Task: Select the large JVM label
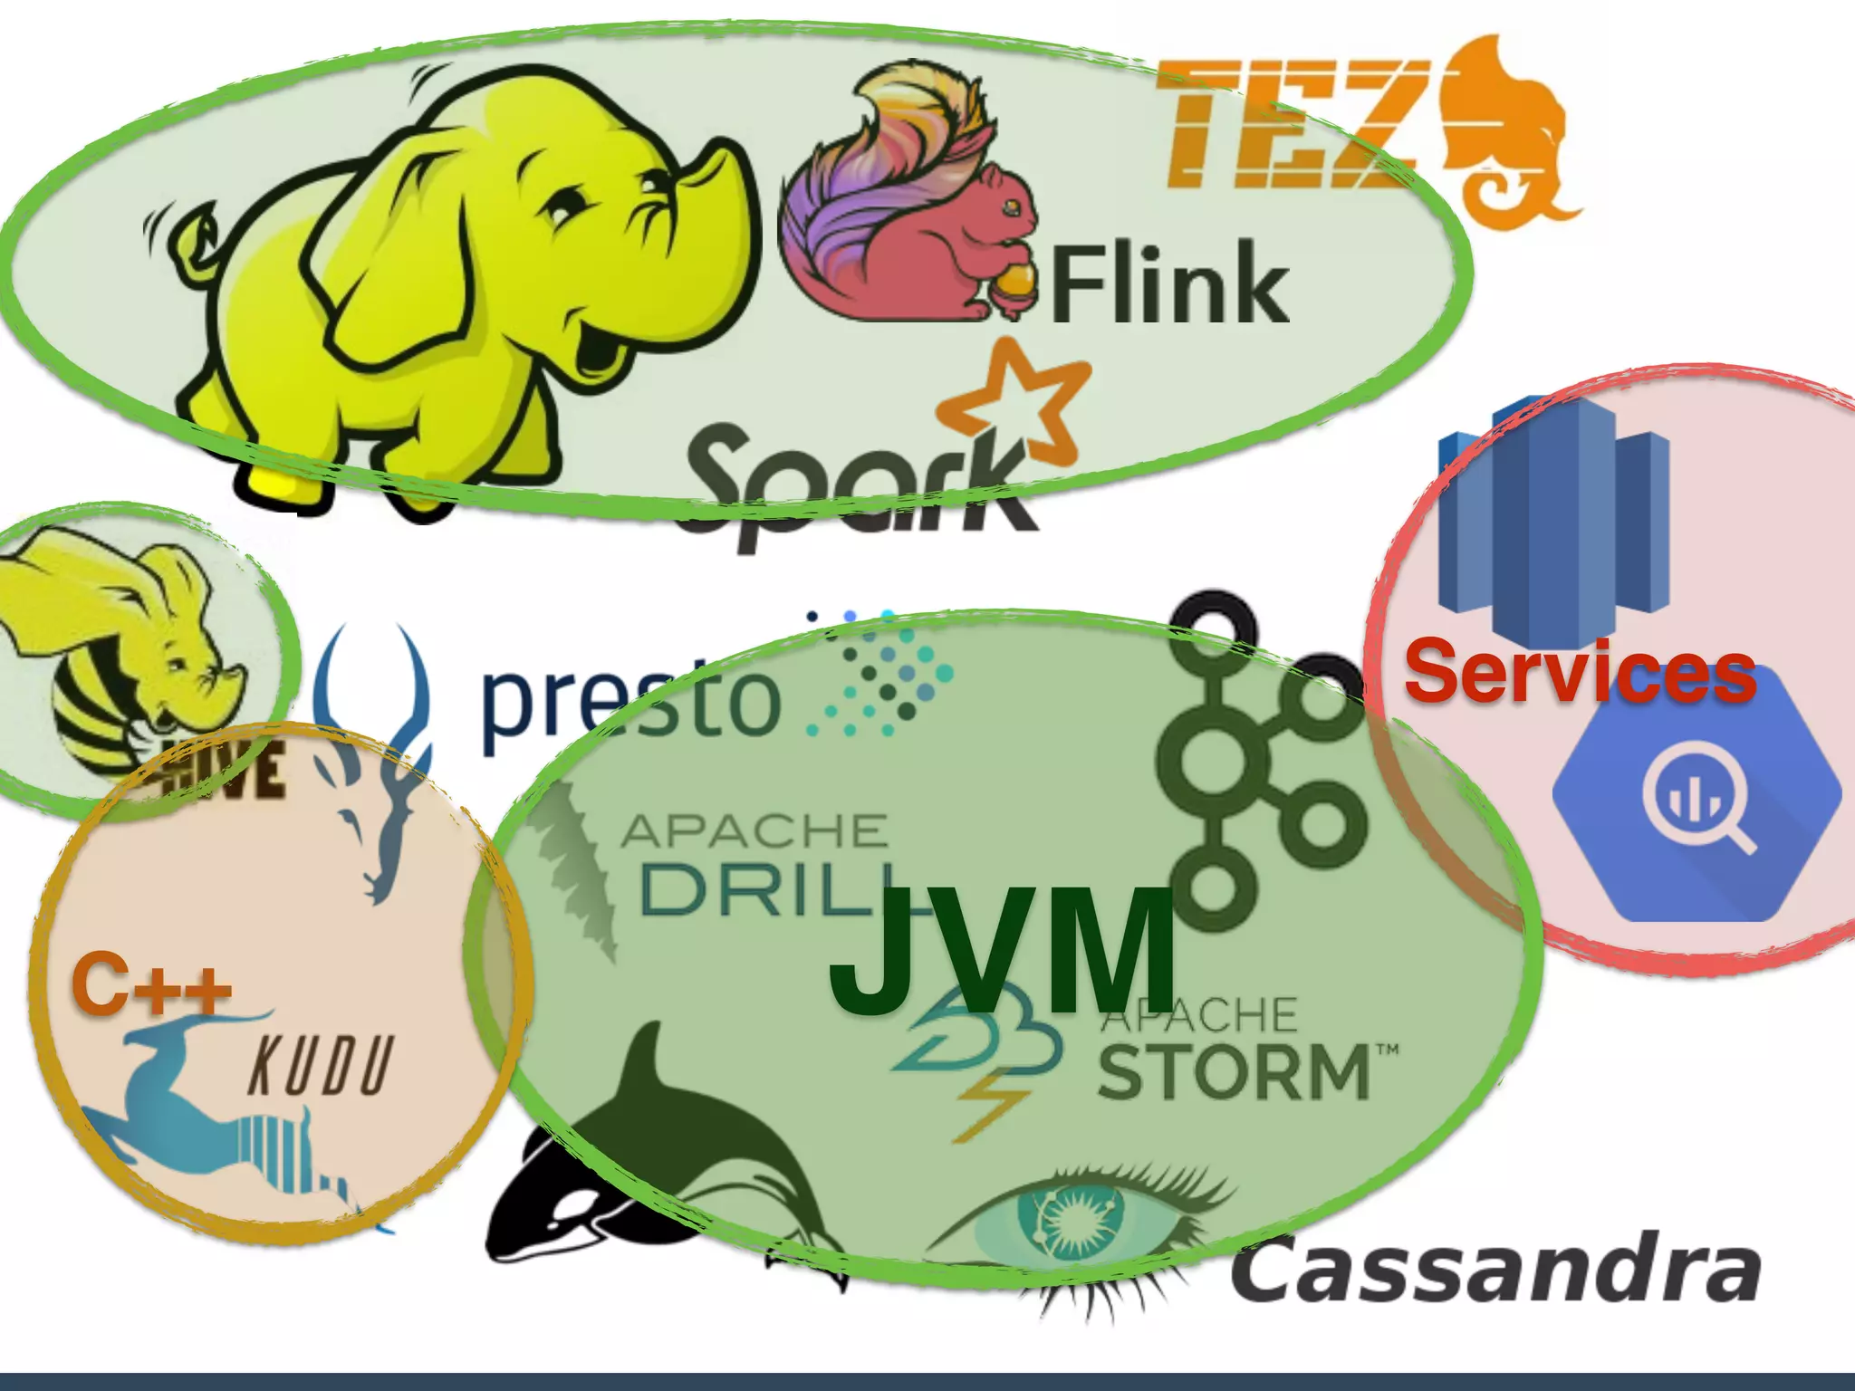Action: tap(1001, 951)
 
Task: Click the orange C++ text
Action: tap(150, 983)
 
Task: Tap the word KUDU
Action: tap(321, 1066)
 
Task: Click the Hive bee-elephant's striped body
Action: tap(91, 715)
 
